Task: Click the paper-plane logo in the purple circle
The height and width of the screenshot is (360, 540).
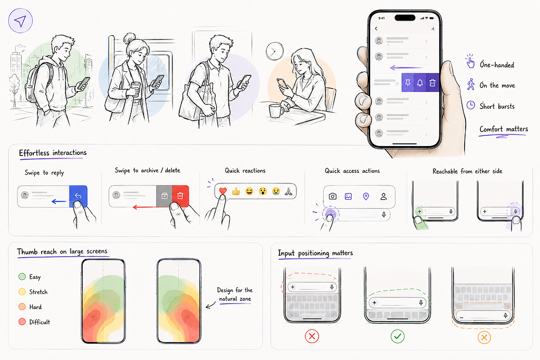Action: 20,21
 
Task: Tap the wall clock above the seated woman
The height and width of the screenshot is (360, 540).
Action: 274,51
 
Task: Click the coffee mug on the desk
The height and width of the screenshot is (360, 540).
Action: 276,111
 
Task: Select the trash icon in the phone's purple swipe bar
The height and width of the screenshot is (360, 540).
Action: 432,83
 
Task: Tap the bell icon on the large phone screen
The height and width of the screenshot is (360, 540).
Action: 420,83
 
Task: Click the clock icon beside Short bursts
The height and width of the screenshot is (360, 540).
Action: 470,105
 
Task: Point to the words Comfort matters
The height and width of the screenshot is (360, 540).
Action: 504,129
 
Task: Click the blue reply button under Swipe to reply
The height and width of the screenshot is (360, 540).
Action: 78,196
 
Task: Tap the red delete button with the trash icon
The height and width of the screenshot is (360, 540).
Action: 180,196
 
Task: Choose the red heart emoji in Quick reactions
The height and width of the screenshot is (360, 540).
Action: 223,191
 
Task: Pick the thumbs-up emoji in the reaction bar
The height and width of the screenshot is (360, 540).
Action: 236,191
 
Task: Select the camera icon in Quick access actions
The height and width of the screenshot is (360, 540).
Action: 332,196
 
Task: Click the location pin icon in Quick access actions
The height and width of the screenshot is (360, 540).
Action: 366,196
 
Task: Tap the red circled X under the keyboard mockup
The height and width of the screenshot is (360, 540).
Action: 312,336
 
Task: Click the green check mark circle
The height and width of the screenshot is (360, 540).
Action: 398,336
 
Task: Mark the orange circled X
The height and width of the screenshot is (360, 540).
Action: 484,337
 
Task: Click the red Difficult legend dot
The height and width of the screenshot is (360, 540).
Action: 22,322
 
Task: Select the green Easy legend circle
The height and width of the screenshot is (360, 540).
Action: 22,276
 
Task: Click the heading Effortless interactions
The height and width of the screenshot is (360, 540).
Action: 53,153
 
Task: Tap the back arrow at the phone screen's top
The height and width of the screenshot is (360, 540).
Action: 376,28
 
